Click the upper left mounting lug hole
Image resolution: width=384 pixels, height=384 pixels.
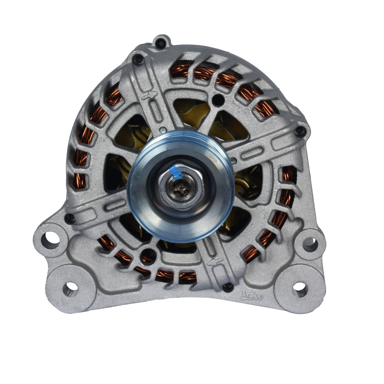coord(50,240)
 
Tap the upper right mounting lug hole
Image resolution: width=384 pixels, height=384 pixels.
coord(310,244)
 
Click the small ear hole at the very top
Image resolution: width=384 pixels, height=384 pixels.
coord(161,43)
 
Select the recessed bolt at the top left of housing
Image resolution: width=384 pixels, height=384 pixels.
coord(139,59)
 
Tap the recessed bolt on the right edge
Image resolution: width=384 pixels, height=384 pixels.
coord(300,131)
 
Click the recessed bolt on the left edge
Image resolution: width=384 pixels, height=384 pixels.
coord(70,218)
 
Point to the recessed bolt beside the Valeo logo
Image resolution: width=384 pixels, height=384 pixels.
coord(228,287)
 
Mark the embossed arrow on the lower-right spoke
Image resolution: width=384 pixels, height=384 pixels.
coord(214,262)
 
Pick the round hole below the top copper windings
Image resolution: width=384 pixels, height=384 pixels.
coord(217,99)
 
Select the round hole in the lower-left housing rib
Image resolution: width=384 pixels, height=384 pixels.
coord(148,256)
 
